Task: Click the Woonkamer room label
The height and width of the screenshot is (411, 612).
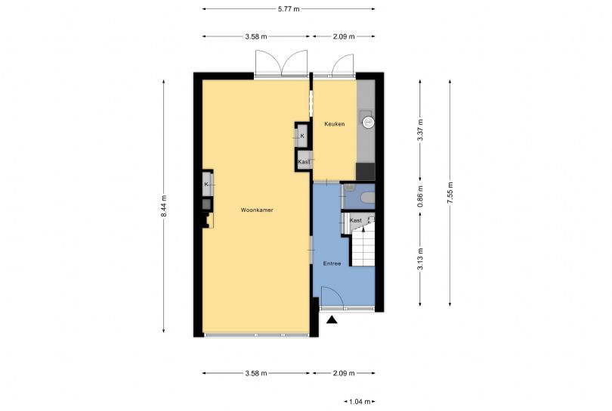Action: tap(257, 210)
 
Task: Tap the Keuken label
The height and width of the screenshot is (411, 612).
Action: tap(335, 124)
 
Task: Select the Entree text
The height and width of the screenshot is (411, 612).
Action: tap(332, 263)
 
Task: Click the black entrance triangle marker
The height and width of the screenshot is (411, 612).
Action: tap(332, 320)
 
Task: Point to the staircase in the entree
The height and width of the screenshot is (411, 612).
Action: tap(363, 246)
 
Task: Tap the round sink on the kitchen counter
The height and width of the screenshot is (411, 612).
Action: tap(368, 123)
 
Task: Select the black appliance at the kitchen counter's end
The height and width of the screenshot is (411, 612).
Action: tap(366, 172)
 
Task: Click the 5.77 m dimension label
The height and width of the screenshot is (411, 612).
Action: tap(289, 9)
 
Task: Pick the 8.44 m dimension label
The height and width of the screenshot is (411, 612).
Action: tap(164, 206)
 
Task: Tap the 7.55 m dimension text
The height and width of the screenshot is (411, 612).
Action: tap(450, 192)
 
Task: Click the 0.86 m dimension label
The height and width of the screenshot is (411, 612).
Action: tap(420, 197)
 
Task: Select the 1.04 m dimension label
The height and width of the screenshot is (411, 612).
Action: tap(360, 402)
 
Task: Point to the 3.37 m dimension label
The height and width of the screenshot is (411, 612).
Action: tap(420, 130)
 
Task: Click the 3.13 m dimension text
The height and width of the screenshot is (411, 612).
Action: tap(420, 259)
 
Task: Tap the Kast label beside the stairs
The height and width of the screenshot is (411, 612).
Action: tap(356, 220)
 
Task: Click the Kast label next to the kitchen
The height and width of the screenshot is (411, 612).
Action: tap(304, 161)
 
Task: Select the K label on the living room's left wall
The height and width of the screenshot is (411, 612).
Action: tap(206, 184)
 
